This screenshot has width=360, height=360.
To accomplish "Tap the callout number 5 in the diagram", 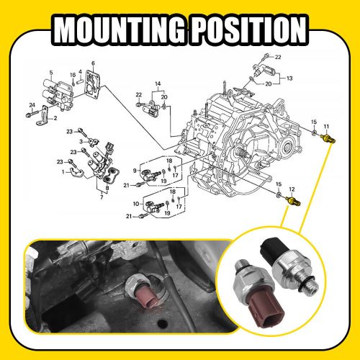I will (x=50, y=72).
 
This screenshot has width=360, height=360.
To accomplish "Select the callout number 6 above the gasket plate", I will (x=93, y=64).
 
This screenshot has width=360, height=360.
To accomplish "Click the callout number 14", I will (x=157, y=84).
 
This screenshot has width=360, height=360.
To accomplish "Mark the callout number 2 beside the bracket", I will (x=55, y=117).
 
